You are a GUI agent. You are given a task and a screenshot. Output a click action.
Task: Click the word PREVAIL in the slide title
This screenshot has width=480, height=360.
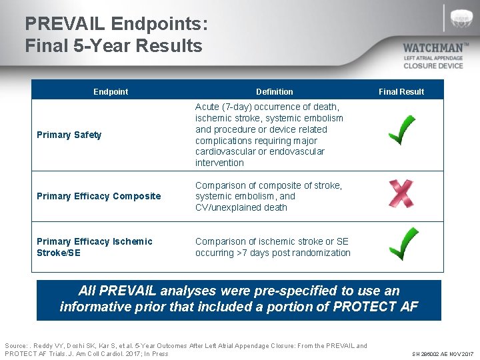[65, 25]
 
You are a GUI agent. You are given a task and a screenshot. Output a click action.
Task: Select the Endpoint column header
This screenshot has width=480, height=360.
[111, 91]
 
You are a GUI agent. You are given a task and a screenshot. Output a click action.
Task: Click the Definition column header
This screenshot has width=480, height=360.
[274, 91]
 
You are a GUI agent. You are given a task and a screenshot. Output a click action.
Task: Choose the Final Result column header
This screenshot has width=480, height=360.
[401, 91]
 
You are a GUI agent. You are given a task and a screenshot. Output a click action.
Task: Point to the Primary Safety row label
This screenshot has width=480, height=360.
[69, 135]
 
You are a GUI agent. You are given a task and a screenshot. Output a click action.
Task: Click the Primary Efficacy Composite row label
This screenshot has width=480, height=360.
[99, 196]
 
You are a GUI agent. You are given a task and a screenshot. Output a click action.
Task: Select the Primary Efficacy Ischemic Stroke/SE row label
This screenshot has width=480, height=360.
[94, 247]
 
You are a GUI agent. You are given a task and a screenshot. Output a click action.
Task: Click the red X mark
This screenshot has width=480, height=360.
[401, 193]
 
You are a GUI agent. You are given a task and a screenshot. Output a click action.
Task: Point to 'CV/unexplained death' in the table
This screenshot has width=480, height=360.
[241, 207]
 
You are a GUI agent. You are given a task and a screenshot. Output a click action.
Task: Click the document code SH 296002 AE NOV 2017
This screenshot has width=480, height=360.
[441, 353]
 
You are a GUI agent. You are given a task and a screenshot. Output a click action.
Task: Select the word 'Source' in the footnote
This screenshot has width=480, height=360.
[16, 345]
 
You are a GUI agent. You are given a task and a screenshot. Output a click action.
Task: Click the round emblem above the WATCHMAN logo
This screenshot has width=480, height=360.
[461, 18]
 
